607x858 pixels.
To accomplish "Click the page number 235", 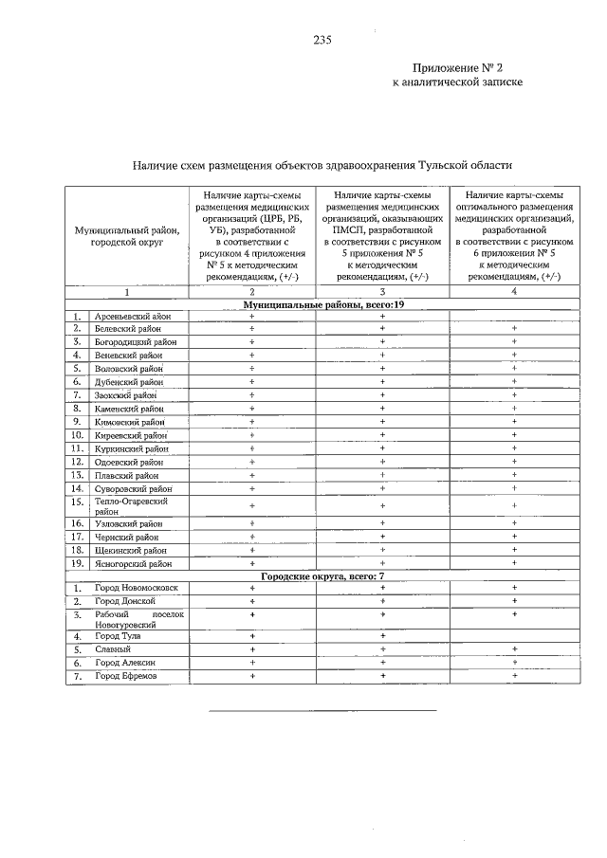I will click(322, 40).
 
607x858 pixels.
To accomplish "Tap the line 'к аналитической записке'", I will click(458, 82).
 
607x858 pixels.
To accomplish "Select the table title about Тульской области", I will click(322, 164).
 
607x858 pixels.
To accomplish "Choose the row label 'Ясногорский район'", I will click(133, 563).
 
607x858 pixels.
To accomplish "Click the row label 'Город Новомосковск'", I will click(136, 588).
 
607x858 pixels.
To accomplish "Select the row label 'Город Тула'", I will click(118, 636).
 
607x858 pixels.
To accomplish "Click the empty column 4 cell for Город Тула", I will click(514, 636).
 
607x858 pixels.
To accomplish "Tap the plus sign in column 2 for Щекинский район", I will click(252, 549).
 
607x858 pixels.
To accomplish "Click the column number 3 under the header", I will click(381, 292).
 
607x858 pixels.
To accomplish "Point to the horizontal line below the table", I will click(322, 709).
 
